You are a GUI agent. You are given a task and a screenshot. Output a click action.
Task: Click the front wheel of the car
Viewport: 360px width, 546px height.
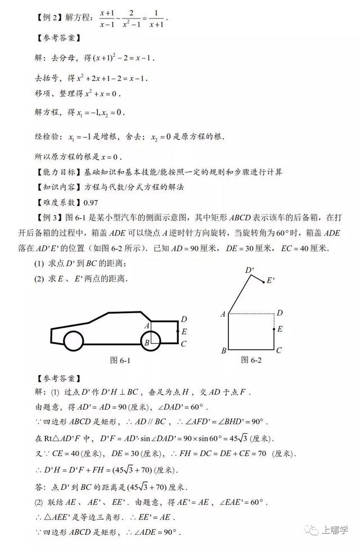click(x=74, y=341)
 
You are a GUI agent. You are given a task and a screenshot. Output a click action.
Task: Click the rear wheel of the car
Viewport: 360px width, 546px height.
click(x=151, y=340)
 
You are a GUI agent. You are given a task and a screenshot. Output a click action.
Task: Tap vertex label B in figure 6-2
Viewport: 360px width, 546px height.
click(x=223, y=351)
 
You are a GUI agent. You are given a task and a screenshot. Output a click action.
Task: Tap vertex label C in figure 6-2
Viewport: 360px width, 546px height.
click(x=279, y=351)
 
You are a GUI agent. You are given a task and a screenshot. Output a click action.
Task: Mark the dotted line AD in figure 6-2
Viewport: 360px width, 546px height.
click(x=250, y=313)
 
